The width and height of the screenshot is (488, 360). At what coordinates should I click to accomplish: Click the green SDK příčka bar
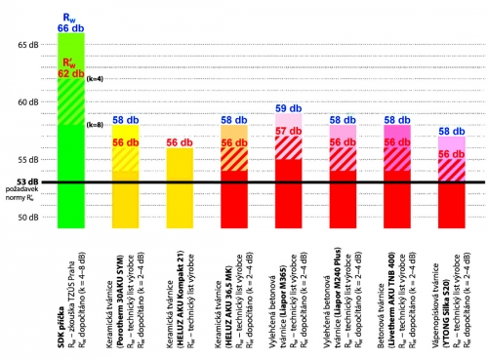point(71,146)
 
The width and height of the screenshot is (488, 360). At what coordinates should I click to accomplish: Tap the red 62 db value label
point(70,73)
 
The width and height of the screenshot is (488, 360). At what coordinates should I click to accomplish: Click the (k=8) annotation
point(94,124)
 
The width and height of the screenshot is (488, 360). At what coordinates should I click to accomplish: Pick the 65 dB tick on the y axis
point(27,45)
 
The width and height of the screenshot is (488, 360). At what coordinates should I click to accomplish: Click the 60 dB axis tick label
point(27,101)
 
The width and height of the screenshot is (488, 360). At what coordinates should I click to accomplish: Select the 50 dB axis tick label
point(27,217)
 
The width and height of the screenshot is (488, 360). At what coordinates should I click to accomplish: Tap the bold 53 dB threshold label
point(26,181)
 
